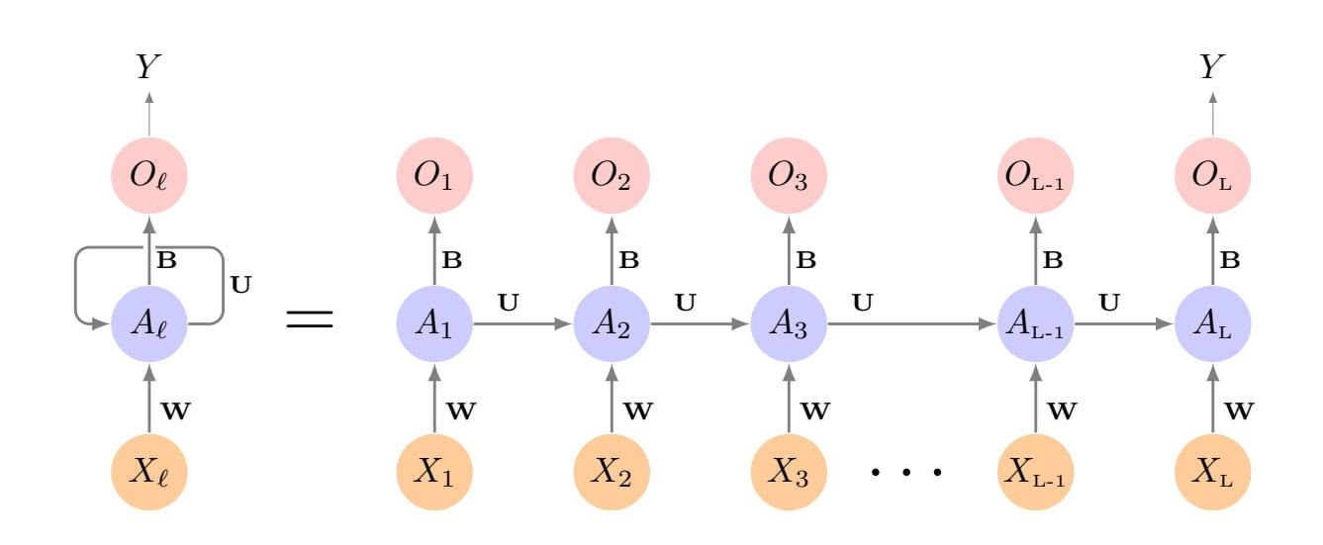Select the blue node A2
(x=612, y=323)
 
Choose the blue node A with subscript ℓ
(x=149, y=323)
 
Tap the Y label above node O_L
(x=1212, y=67)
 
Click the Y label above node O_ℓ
(x=149, y=67)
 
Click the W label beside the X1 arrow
(x=462, y=409)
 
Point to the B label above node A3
(x=807, y=262)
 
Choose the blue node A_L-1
(x=1035, y=323)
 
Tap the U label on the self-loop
(x=239, y=284)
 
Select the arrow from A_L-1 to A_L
(x=1123, y=323)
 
